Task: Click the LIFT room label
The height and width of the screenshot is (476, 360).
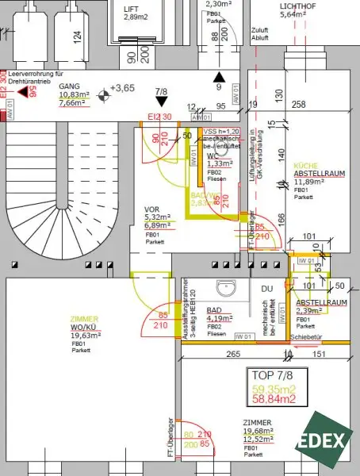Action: (131, 10)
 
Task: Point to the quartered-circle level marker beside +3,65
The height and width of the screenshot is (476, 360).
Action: (102, 97)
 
